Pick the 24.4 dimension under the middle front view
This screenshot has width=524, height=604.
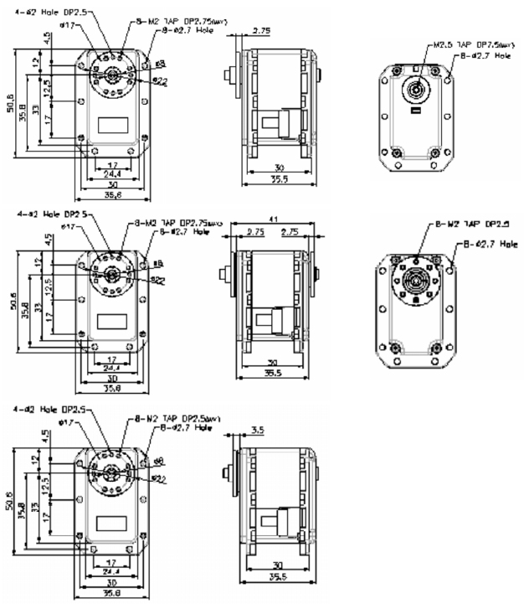(x=109, y=368)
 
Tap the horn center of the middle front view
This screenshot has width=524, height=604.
(x=110, y=273)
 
